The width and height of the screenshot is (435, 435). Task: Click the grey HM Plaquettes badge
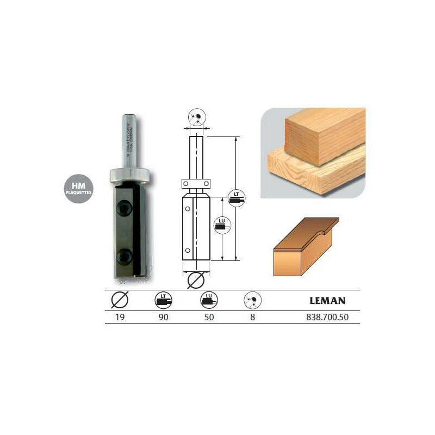78,189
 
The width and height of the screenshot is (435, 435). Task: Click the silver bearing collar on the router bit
130,175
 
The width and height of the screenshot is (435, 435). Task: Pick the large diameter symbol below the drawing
196,282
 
